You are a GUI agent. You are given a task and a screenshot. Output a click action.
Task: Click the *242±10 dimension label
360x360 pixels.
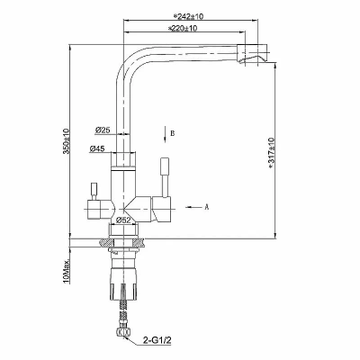coord(188,16)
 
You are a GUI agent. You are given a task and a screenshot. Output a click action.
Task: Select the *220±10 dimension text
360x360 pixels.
coord(182,29)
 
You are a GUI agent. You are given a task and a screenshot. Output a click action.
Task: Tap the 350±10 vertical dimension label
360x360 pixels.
coord(66,141)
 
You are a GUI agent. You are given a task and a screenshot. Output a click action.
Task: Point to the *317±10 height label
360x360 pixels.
coord(272,153)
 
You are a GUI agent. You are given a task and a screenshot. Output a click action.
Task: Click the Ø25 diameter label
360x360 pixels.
coord(103,130)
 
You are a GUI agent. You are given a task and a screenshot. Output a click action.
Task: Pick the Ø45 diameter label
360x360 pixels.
coord(97,148)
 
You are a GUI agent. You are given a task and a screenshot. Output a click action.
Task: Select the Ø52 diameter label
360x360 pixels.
coord(123,220)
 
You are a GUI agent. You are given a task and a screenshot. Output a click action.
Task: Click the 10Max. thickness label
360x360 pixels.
coord(67,272)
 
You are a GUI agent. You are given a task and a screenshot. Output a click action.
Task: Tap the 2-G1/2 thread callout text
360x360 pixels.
coord(157,340)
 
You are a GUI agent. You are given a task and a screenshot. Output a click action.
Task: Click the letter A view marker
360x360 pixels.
coord(206,207)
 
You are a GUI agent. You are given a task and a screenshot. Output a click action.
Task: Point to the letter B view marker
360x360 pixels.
coord(173,133)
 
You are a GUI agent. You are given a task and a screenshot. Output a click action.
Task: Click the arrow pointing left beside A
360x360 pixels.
coord(193,207)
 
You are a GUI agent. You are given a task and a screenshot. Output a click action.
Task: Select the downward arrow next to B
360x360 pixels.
coord(165,134)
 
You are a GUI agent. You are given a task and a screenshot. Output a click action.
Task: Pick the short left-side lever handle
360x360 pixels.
coord(94,191)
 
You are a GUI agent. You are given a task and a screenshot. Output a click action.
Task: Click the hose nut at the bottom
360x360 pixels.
coord(122,333)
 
